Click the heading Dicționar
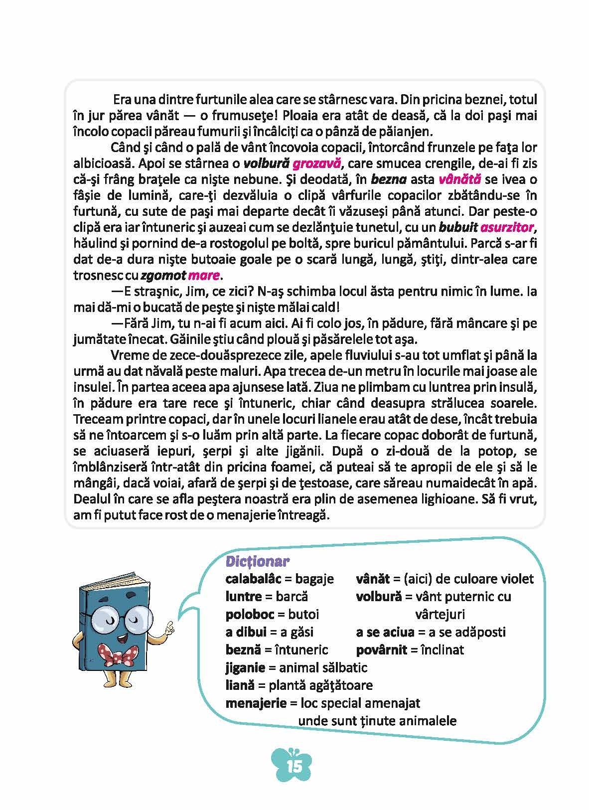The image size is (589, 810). [x=258, y=561]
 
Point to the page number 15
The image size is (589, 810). [x=294, y=766]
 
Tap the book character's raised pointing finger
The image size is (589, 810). [x=170, y=625]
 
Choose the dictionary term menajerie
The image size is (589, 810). [x=256, y=703]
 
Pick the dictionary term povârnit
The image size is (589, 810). [x=382, y=649]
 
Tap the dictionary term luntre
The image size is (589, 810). [x=244, y=597]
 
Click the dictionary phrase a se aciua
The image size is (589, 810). [x=385, y=632]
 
